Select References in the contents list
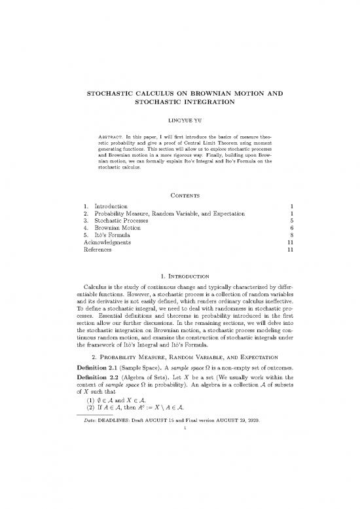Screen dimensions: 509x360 coord(92,258)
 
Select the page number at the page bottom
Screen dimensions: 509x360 coord(180,447)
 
